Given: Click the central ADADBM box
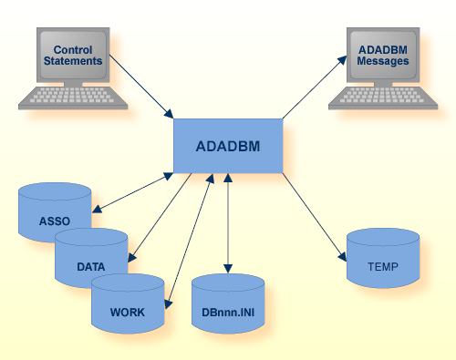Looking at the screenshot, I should click(x=228, y=145).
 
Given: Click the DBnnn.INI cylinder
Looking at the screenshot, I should click(x=228, y=310).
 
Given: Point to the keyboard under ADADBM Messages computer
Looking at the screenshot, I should click(x=383, y=97).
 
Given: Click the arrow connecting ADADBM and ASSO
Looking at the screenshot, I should click(x=132, y=192).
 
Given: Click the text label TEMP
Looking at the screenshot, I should click(x=383, y=267).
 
